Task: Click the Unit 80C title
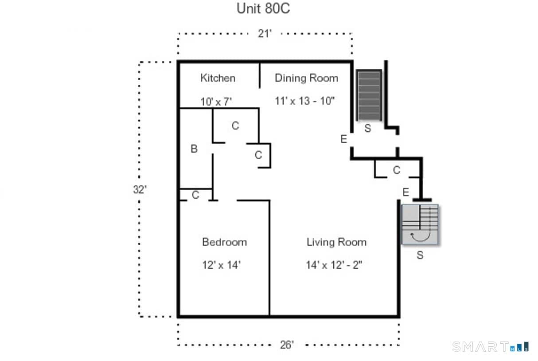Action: [x=263, y=8]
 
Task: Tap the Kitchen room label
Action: [x=218, y=78]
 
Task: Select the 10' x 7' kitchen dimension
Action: [x=216, y=102]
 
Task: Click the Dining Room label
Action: [x=306, y=78]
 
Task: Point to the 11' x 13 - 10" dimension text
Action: [x=304, y=101]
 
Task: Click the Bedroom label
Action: [x=224, y=242]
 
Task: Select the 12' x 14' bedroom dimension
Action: [x=221, y=265]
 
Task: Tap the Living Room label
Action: [x=336, y=242]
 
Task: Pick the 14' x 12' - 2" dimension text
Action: [x=335, y=265]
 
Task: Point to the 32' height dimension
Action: [x=140, y=190]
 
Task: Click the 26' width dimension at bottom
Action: [x=287, y=345]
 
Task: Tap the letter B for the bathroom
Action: [x=194, y=149]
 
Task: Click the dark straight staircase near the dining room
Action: [x=369, y=95]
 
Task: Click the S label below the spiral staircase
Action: [x=420, y=255]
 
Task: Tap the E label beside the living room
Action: [x=405, y=192]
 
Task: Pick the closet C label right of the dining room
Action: [x=397, y=170]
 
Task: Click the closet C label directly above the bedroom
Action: [x=195, y=195]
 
